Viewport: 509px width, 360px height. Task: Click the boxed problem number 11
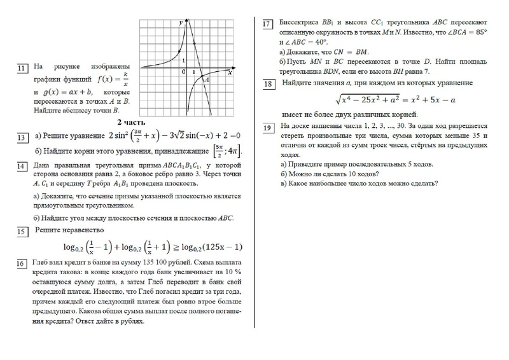(x=22, y=68)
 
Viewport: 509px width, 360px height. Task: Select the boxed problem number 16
(x=22, y=263)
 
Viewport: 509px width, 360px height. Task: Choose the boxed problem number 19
(x=268, y=129)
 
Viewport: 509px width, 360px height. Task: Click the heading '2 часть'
(x=130, y=121)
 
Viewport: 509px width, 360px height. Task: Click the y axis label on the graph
(x=181, y=23)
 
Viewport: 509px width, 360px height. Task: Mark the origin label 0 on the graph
(x=184, y=72)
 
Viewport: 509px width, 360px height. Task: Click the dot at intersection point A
(x=200, y=75)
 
